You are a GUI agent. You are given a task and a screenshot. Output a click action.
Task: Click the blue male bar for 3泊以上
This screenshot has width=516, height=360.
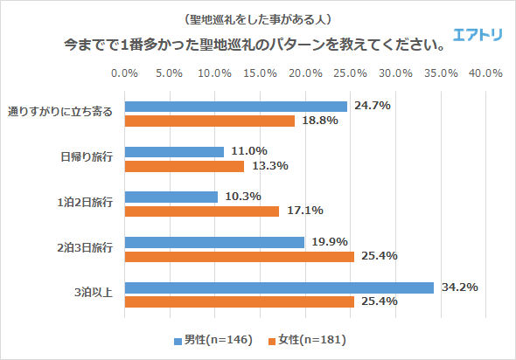(x=280, y=287)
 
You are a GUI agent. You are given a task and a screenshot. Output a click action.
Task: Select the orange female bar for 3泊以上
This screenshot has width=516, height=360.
(x=240, y=301)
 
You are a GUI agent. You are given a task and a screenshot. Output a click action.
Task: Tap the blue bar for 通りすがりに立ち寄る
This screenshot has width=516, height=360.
(x=236, y=107)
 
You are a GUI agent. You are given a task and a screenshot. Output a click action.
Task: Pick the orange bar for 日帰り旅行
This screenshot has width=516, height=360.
(x=185, y=166)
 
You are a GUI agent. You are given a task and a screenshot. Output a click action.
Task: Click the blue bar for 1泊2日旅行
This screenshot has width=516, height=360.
(x=171, y=197)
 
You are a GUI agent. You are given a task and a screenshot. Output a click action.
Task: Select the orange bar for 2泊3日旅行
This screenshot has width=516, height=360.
(x=240, y=256)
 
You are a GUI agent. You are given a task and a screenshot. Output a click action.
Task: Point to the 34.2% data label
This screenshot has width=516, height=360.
(x=457, y=287)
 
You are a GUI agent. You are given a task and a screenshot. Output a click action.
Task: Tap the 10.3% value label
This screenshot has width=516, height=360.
(x=242, y=197)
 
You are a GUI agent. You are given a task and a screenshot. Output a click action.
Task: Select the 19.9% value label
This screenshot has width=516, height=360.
(x=329, y=242)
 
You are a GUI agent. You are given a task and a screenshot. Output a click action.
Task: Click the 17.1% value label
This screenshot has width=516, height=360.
(x=303, y=211)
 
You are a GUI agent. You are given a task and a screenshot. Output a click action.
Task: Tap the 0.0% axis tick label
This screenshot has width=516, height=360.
(x=126, y=73)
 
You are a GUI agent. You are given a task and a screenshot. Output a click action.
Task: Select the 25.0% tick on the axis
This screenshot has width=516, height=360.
(x=350, y=73)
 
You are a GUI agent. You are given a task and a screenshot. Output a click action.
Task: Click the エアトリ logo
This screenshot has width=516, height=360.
(x=478, y=35)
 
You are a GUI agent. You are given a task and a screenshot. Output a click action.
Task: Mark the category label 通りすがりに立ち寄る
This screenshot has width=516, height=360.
(x=61, y=113)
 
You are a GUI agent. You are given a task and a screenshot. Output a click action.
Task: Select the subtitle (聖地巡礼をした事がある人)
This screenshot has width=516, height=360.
(x=258, y=18)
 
